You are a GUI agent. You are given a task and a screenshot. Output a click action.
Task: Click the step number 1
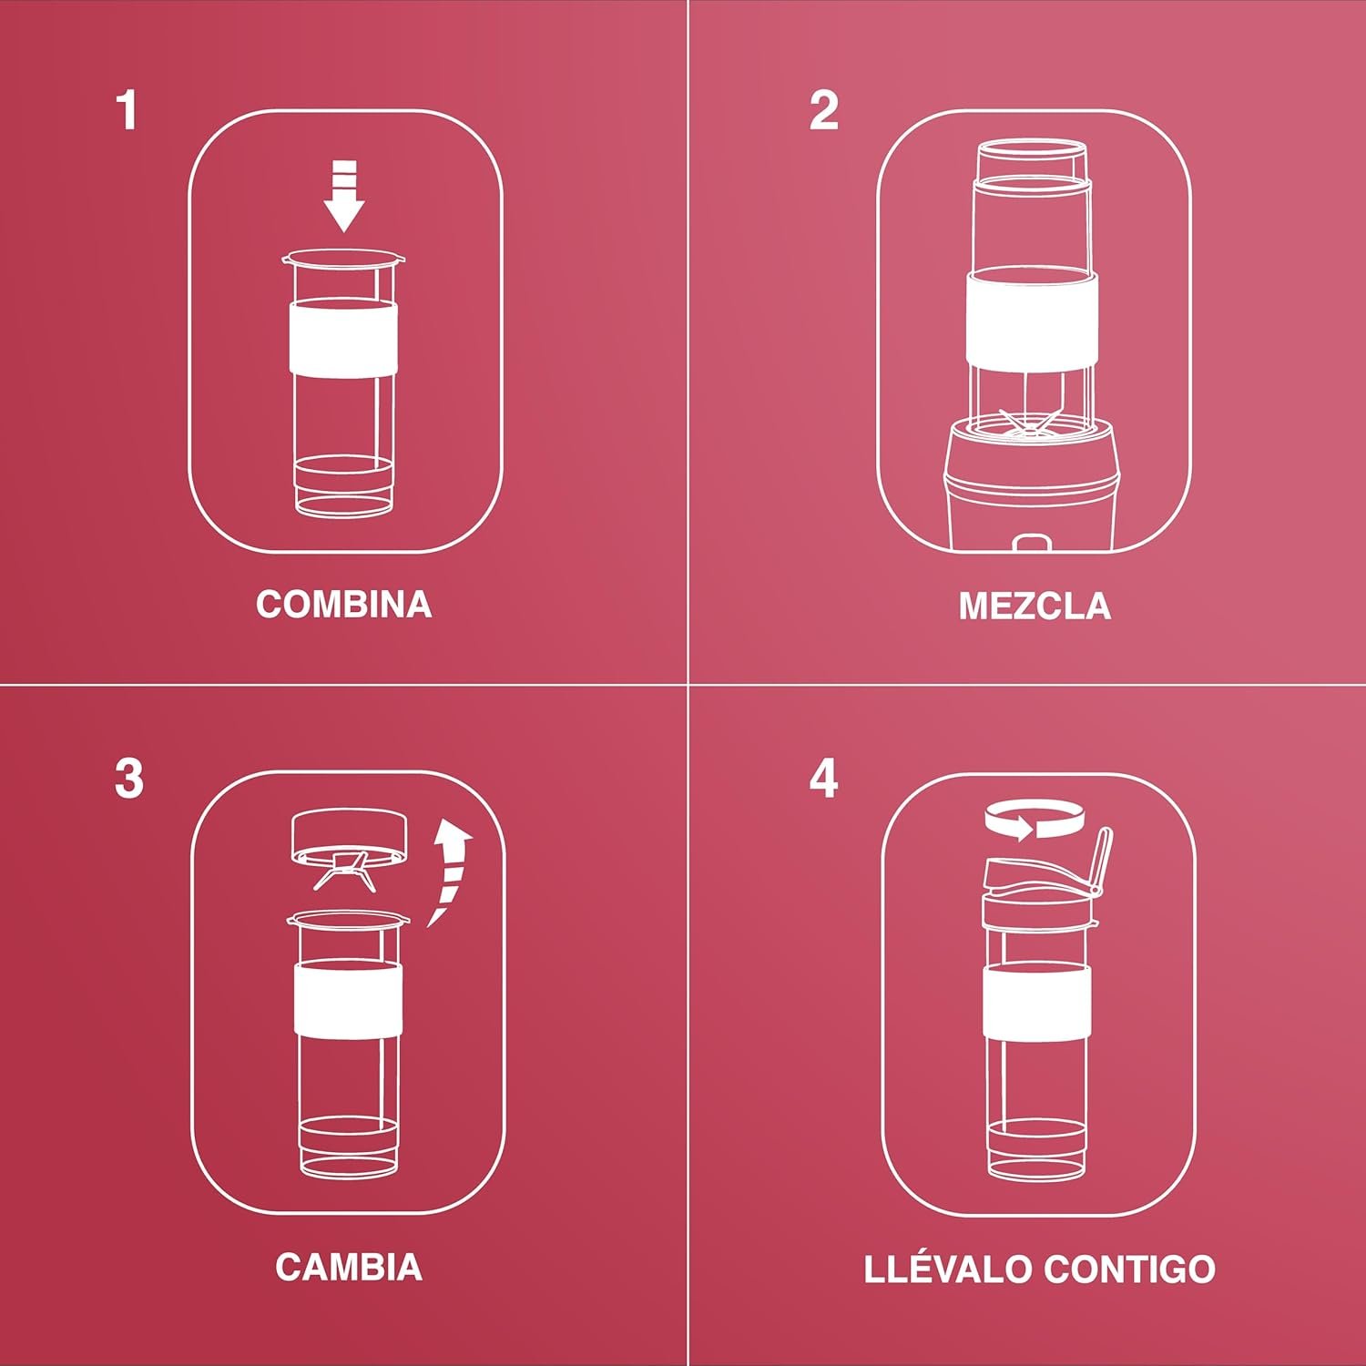point(127,110)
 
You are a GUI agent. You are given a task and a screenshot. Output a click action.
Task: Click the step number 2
point(823,110)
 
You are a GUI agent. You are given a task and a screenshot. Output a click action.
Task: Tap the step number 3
point(129,780)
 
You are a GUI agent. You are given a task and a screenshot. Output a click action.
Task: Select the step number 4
point(823,780)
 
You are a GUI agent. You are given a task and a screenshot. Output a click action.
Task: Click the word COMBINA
point(344,605)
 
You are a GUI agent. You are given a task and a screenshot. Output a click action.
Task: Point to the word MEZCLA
point(1035,607)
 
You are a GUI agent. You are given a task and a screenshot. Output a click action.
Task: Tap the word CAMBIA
point(349,1268)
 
